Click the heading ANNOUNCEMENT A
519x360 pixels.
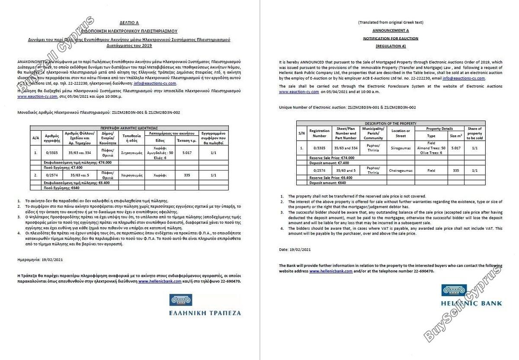391,31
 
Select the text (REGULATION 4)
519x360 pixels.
391,46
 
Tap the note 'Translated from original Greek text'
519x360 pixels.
391,22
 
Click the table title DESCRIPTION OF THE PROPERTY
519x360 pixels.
391,123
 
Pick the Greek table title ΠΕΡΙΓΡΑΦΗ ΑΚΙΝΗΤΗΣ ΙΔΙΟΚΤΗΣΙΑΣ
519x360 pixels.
129,128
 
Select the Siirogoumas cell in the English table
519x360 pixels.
400,148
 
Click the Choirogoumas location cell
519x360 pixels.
400,170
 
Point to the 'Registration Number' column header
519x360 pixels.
320,133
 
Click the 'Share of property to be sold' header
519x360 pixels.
474,133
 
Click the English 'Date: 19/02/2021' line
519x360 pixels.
295,250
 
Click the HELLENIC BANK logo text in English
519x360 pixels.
471,303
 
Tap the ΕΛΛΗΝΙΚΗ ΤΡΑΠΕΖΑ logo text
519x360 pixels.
205,313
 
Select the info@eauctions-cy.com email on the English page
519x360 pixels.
465,78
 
